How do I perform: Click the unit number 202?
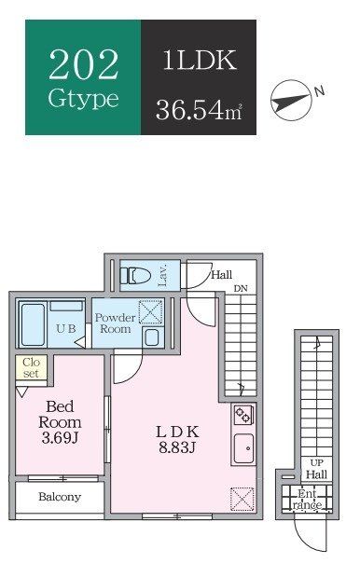(83, 65)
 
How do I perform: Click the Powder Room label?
(114, 323)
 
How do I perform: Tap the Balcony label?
(59, 497)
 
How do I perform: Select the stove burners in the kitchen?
(242, 414)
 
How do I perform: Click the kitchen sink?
(242, 447)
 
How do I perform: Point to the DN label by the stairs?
(240, 288)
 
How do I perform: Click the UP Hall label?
(317, 469)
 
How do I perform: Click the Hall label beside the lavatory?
(221, 275)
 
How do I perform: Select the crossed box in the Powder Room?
(150, 311)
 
